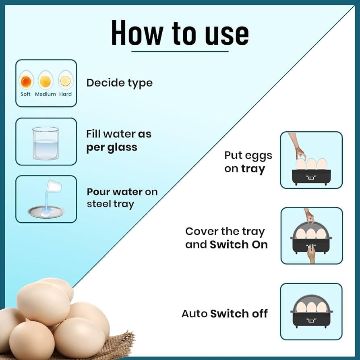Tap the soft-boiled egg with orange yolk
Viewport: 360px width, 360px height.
(x=26, y=81)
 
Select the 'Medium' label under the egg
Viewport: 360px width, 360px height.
(x=46, y=94)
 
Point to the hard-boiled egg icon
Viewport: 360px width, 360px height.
(x=65, y=80)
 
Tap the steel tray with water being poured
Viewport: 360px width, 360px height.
(x=46, y=211)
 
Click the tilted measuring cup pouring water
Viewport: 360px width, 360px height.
(x=54, y=186)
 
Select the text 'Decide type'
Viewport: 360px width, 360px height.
(x=120, y=83)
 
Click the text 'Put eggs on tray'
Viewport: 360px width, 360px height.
(x=248, y=162)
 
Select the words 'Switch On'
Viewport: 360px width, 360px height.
(x=238, y=244)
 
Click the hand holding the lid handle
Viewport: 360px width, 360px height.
(x=309, y=215)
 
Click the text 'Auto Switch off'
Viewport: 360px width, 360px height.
(x=224, y=314)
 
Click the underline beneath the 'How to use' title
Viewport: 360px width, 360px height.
(x=180, y=51)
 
